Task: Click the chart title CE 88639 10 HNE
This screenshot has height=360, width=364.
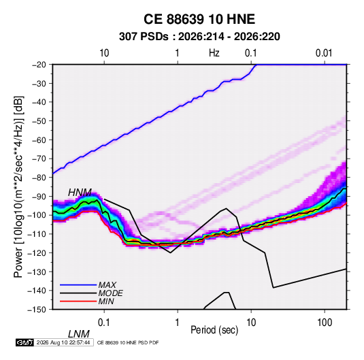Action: [199, 19]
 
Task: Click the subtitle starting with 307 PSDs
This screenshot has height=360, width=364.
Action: [199, 37]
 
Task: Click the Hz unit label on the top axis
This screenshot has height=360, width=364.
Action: [214, 53]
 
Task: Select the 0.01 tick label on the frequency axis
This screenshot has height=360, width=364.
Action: [324, 53]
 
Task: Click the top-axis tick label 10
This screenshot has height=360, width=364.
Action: [104, 53]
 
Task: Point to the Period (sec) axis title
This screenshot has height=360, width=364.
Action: [214, 330]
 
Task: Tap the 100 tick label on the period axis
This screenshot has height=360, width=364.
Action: [325, 323]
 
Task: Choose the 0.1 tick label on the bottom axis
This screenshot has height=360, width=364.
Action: [104, 323]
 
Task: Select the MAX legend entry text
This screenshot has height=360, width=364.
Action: [107, 285]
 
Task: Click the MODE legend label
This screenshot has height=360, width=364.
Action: [110, 293]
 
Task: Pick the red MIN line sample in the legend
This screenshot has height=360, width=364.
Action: [78, 301]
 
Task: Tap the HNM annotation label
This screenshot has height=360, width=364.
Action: [80, 193]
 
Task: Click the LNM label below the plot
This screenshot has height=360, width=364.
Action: [79, 334]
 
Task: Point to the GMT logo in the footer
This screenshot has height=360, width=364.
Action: [25, 342]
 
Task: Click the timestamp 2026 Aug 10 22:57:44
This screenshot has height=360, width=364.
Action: [63, 342]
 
